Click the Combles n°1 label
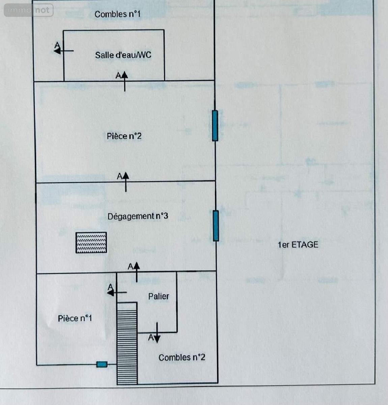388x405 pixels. coord(117,14)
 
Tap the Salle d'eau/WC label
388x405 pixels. coord(123,55)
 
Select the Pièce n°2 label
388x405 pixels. coord(124,136)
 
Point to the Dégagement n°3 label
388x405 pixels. coord(138,216)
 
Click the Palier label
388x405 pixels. coord(159,296)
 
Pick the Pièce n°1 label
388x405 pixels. coord(75,318)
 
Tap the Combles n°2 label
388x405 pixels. coord(182,357)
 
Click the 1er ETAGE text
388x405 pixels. coord(298,245)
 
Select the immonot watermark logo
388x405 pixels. coord(29,10)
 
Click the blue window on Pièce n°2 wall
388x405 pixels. coord(215,126)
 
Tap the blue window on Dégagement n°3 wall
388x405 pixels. coord(216,226)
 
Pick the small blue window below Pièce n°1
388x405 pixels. coord(102,364)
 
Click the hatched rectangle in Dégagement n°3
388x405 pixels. coord(91,242)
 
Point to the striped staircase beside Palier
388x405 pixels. coord(127,343)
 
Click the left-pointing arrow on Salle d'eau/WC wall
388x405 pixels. coord(64,51)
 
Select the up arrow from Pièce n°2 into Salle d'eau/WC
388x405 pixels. coord(124,81)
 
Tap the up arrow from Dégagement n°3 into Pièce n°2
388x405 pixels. coord(126,182)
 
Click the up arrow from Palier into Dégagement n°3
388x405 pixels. coord(137,272)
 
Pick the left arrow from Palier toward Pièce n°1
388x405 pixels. coord(117,293)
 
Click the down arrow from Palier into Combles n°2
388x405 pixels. coord(157,332)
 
